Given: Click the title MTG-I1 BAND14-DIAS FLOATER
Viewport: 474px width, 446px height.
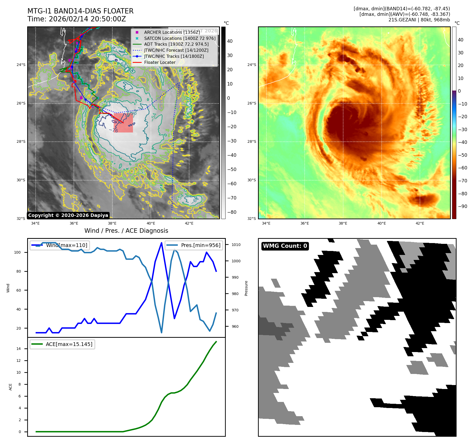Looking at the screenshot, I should [80, 11].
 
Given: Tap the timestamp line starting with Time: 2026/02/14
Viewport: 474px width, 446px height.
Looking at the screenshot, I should [77, 19].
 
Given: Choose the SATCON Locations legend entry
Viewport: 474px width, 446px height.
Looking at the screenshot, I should [180, 38].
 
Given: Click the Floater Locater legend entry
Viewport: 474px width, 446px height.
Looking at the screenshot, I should [160, 62].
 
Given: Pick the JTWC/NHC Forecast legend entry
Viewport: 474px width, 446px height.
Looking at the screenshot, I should [176, 50].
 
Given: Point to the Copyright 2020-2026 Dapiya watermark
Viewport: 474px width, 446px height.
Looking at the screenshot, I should [68, 215].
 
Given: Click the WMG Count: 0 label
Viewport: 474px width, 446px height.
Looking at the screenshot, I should [285, 246].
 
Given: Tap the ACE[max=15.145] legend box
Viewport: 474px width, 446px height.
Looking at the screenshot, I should [63, 344].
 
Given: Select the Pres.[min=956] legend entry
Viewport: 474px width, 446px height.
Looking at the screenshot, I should [194, 245].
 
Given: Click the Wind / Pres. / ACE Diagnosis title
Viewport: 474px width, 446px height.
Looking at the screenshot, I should [126, 231].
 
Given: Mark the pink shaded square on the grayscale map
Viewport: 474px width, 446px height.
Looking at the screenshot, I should [123, 123].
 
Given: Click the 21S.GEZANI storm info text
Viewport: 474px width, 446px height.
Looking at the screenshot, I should [419, 20].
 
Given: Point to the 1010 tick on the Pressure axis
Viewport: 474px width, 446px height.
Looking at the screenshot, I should [236, 245].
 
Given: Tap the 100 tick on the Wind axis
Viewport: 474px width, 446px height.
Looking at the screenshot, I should [17, 252].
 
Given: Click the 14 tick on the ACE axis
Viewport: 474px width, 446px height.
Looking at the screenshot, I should [18, 349].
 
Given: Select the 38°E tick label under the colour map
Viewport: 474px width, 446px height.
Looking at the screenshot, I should [343, 223].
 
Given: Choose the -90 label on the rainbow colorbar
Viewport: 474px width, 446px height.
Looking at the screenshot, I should [462, 206].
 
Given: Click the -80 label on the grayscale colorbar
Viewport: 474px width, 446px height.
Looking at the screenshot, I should [232, 212].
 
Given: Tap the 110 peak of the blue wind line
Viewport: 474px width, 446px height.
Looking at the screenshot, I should [161, 243].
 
